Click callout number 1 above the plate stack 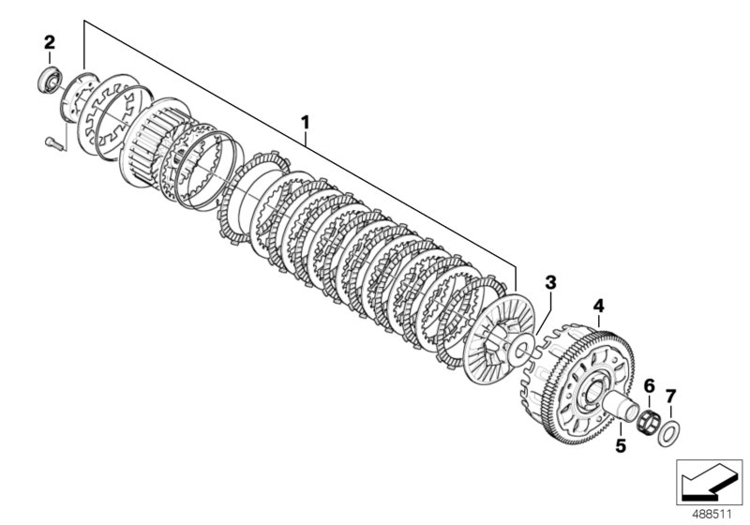point(304,123)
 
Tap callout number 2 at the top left point(50,41)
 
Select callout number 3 point(550,281)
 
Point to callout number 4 point(599,306)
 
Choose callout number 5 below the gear point(620,446)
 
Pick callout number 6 point(649,385)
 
